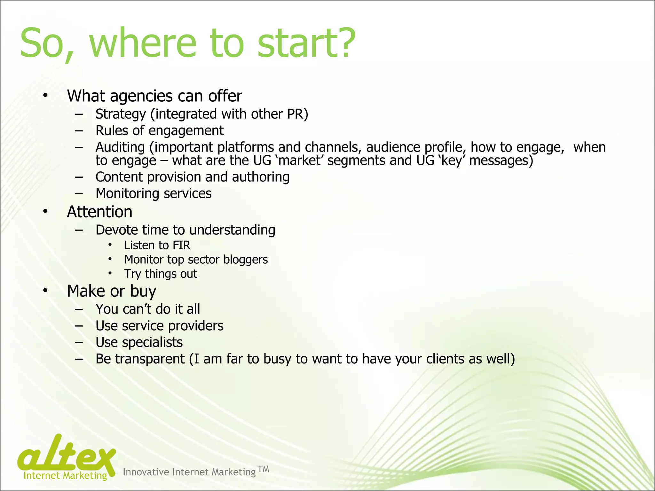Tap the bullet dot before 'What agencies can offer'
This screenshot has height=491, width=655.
coord(45,95)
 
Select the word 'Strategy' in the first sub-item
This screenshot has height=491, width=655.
coord(121,114)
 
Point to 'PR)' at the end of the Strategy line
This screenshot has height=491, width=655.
coord(297,114)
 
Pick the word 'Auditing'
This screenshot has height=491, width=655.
coord(120,147)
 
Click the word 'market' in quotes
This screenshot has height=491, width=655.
coord(300,160)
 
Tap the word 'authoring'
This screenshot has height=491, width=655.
coord(261,177)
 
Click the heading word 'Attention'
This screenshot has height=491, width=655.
coord(99,212)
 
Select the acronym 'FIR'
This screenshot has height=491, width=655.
coord(181,245)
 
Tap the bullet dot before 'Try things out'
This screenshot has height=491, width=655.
coord(110,273)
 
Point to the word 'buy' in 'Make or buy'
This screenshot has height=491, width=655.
coord(143,291)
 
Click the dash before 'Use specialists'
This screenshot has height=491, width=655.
coord(79,343)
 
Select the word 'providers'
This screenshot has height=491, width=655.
coord(196,326)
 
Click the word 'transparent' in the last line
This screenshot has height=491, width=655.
coord(150,359)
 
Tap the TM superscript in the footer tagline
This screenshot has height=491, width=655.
coord(263,469)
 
